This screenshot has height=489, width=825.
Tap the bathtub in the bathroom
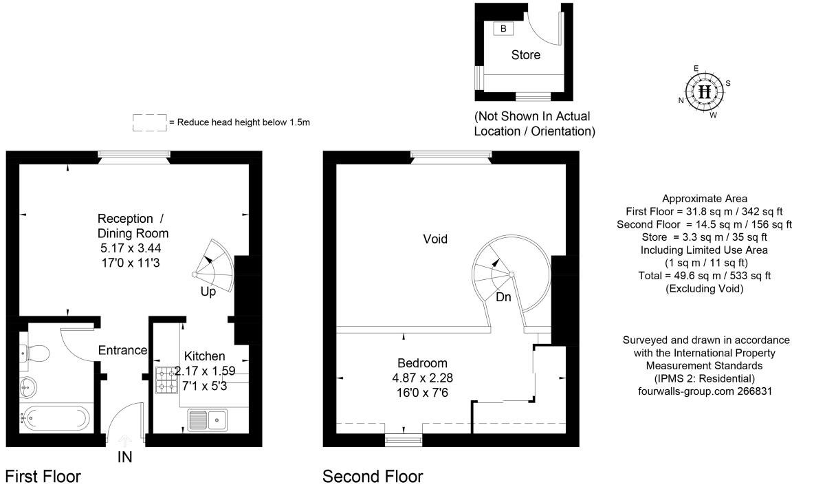55,417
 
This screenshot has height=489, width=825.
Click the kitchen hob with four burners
166,380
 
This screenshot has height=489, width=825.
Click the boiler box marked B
503,29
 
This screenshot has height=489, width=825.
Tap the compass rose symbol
704,91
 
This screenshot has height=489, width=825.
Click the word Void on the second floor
435,239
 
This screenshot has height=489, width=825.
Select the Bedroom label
422,363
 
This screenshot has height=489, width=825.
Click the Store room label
525,55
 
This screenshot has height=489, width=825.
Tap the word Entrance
122,350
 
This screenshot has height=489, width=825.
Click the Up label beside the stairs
208,292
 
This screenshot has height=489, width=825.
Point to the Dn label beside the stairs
503,297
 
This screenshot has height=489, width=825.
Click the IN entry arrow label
124,457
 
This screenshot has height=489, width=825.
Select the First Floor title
43,477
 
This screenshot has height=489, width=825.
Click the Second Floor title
373,477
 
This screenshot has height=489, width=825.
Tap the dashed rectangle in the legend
149,122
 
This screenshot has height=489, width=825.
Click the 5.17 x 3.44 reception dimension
133,248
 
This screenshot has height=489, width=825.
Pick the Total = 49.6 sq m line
705,276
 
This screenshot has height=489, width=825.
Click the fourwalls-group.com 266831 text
705,391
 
